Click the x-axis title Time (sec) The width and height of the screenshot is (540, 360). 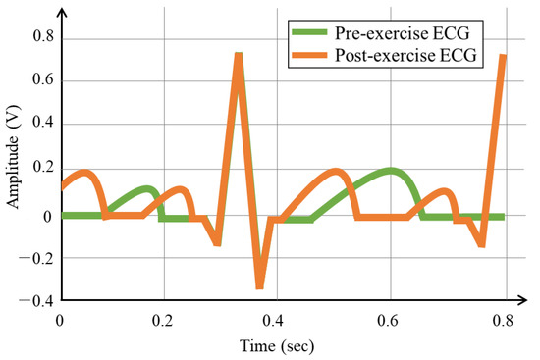pos(281,345)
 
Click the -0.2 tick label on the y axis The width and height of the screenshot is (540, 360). pos(37,258)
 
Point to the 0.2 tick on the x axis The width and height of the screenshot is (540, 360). pos(171,319)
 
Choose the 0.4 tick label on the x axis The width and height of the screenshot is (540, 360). pos(282,319)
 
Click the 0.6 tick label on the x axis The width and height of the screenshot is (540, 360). pos(393,319)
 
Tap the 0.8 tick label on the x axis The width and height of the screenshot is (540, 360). pos(504,319)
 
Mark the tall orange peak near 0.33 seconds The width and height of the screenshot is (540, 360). pos(239,55)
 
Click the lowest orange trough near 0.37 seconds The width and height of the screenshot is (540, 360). pos(259,285)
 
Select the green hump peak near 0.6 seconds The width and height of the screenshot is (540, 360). pos(393,172)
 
